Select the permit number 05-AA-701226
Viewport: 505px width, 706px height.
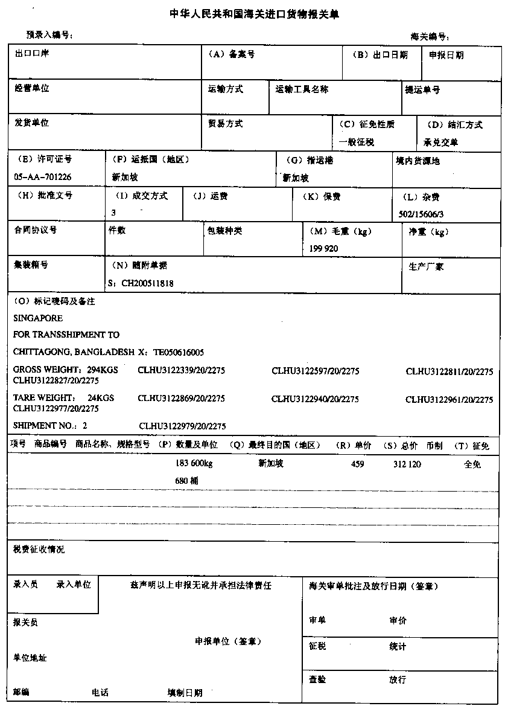42,178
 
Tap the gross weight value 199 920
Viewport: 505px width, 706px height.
323,248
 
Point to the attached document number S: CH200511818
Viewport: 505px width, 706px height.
140,282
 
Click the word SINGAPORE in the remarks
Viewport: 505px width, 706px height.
37,318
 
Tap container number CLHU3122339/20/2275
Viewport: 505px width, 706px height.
181,370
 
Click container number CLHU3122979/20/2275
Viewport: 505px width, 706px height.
182,426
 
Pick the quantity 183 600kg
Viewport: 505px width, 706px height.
193,464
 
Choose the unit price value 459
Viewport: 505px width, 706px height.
357,464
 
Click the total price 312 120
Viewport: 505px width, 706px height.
407,464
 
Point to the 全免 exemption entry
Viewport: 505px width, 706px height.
472,464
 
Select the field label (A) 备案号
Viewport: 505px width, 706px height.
231,54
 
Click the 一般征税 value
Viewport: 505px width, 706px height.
357,142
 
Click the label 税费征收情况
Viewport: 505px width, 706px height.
39,549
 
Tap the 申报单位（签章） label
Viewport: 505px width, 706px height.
228,641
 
